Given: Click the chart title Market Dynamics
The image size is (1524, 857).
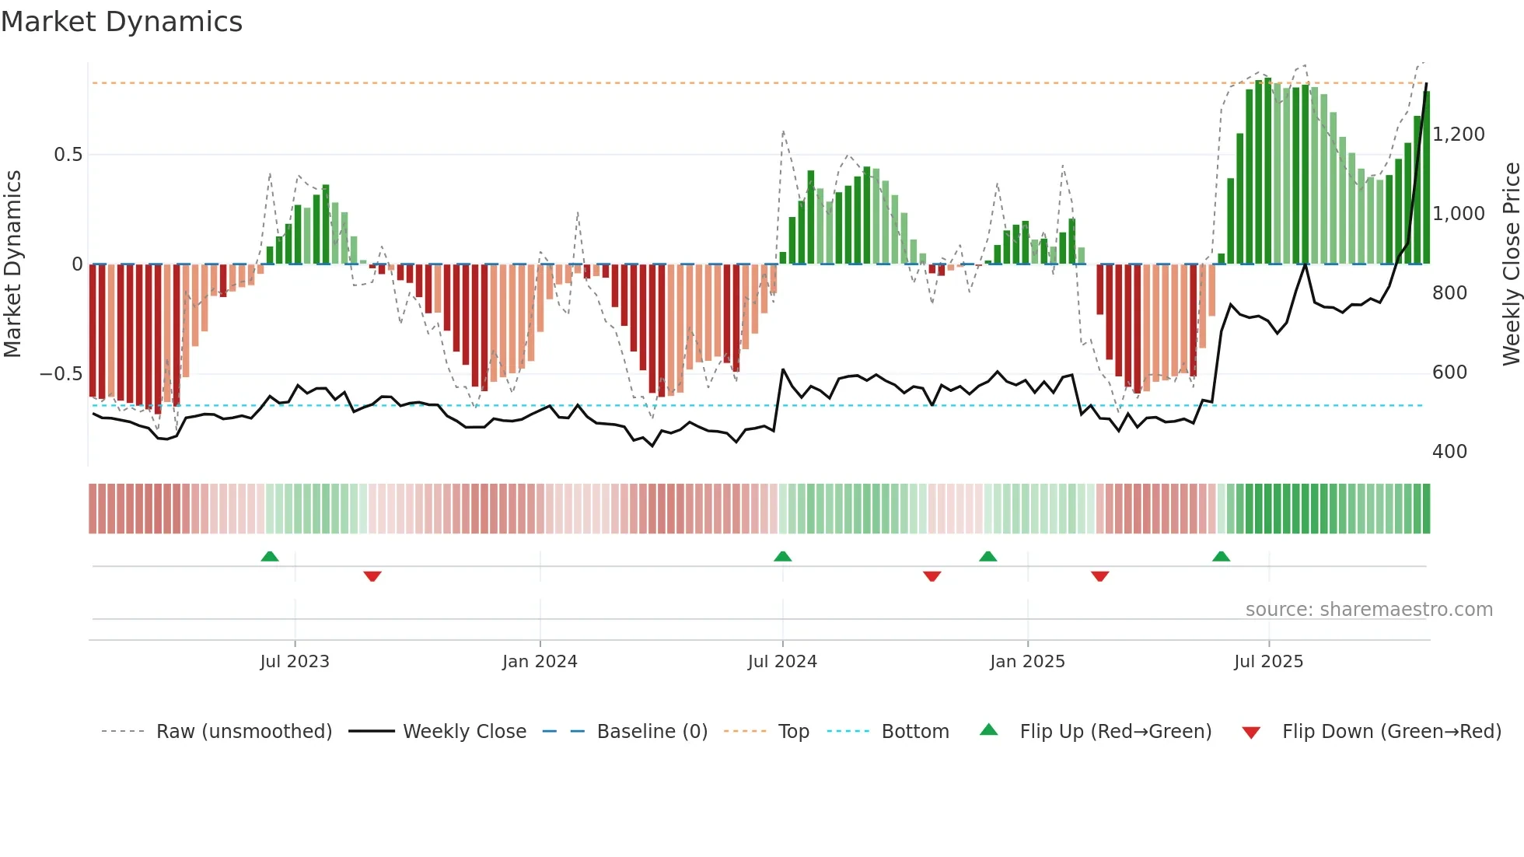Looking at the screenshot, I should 121,22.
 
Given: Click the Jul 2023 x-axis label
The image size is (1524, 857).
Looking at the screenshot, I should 295,662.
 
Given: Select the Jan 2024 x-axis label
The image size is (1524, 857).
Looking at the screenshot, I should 540,662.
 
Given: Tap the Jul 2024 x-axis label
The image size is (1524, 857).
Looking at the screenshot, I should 782,662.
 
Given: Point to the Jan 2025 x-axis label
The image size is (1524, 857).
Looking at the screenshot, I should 1027,662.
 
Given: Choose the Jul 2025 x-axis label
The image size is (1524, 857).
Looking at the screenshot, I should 1268,662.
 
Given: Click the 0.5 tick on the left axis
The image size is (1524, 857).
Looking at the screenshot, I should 68,155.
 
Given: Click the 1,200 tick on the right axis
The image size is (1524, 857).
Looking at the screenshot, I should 1459,135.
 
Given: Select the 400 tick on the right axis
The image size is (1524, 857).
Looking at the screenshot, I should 1449,452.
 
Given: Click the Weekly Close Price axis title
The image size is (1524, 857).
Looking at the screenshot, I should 1511,264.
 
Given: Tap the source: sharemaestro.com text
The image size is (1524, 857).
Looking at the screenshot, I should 1368,610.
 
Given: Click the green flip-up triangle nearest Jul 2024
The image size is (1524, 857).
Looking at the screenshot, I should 783,556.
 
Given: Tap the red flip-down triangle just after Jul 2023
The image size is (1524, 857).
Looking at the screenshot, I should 372,576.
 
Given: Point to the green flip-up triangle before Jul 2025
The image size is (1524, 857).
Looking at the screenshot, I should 1221,556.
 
